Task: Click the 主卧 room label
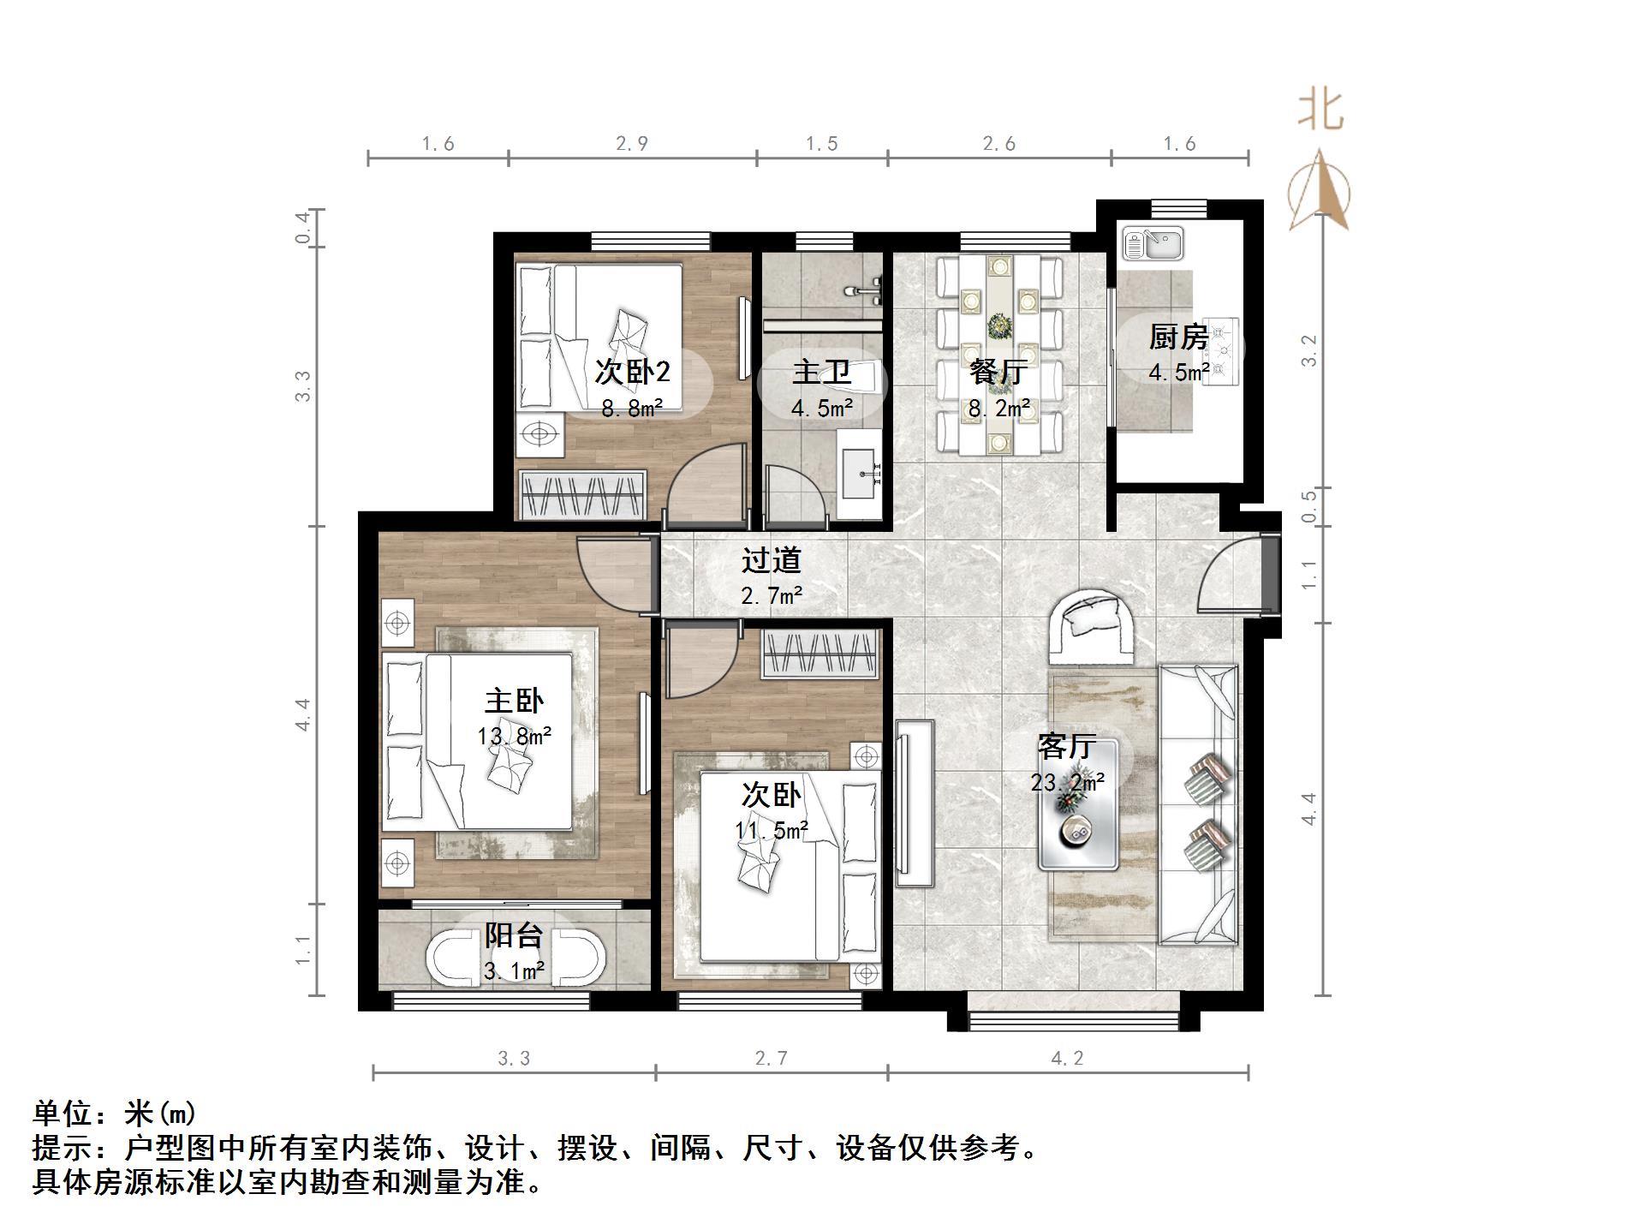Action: click(x=513, y=702)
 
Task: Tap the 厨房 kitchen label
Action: click(x=1178, y=337)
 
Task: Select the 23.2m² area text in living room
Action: click(x=1067, y=782)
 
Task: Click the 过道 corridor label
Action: click(x=771, y=560)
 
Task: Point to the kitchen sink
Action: click(x=1153, y=243)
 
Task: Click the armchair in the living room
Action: click(x=1092, y=626)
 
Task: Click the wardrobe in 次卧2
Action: click(x=582, y=494)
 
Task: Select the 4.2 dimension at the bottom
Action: click(x=1067, y=1059)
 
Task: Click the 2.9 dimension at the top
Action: click(x=631, y=144)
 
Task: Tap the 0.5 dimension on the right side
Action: click(x=1308, y=506)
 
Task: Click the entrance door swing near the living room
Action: click(x=1229, y=575)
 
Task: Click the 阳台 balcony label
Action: click(x=514, y=935)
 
